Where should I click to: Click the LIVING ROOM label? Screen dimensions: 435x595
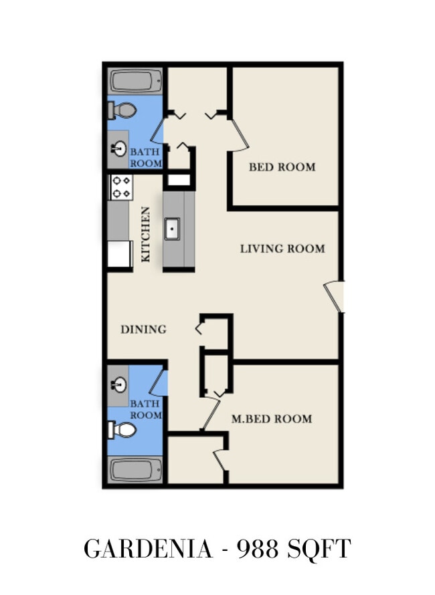[282, 249]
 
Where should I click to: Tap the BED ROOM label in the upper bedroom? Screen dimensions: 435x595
[282, 166]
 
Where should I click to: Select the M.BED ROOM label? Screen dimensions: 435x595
[272, 419]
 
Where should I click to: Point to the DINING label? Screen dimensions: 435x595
[144, 329]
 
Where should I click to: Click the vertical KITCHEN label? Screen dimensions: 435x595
[145, 234]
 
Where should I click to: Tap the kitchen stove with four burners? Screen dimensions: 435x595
[121, 187]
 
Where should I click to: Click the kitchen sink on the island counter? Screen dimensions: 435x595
[172, 229]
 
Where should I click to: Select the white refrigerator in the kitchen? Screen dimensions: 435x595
[120, 254]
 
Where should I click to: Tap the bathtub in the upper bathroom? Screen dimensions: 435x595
[136, 81]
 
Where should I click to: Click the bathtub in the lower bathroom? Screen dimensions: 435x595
[136, 470]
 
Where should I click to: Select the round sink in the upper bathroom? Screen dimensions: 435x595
[119, 148]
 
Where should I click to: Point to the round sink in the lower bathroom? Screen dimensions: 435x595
[119, 385]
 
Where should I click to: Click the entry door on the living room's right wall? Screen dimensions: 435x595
[334, 297]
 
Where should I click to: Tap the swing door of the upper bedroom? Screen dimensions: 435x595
[239, 135]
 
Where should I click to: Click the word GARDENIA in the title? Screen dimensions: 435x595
[148, 549]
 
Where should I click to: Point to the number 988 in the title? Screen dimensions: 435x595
[258, 549]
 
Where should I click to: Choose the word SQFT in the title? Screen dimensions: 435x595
[319, 549]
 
